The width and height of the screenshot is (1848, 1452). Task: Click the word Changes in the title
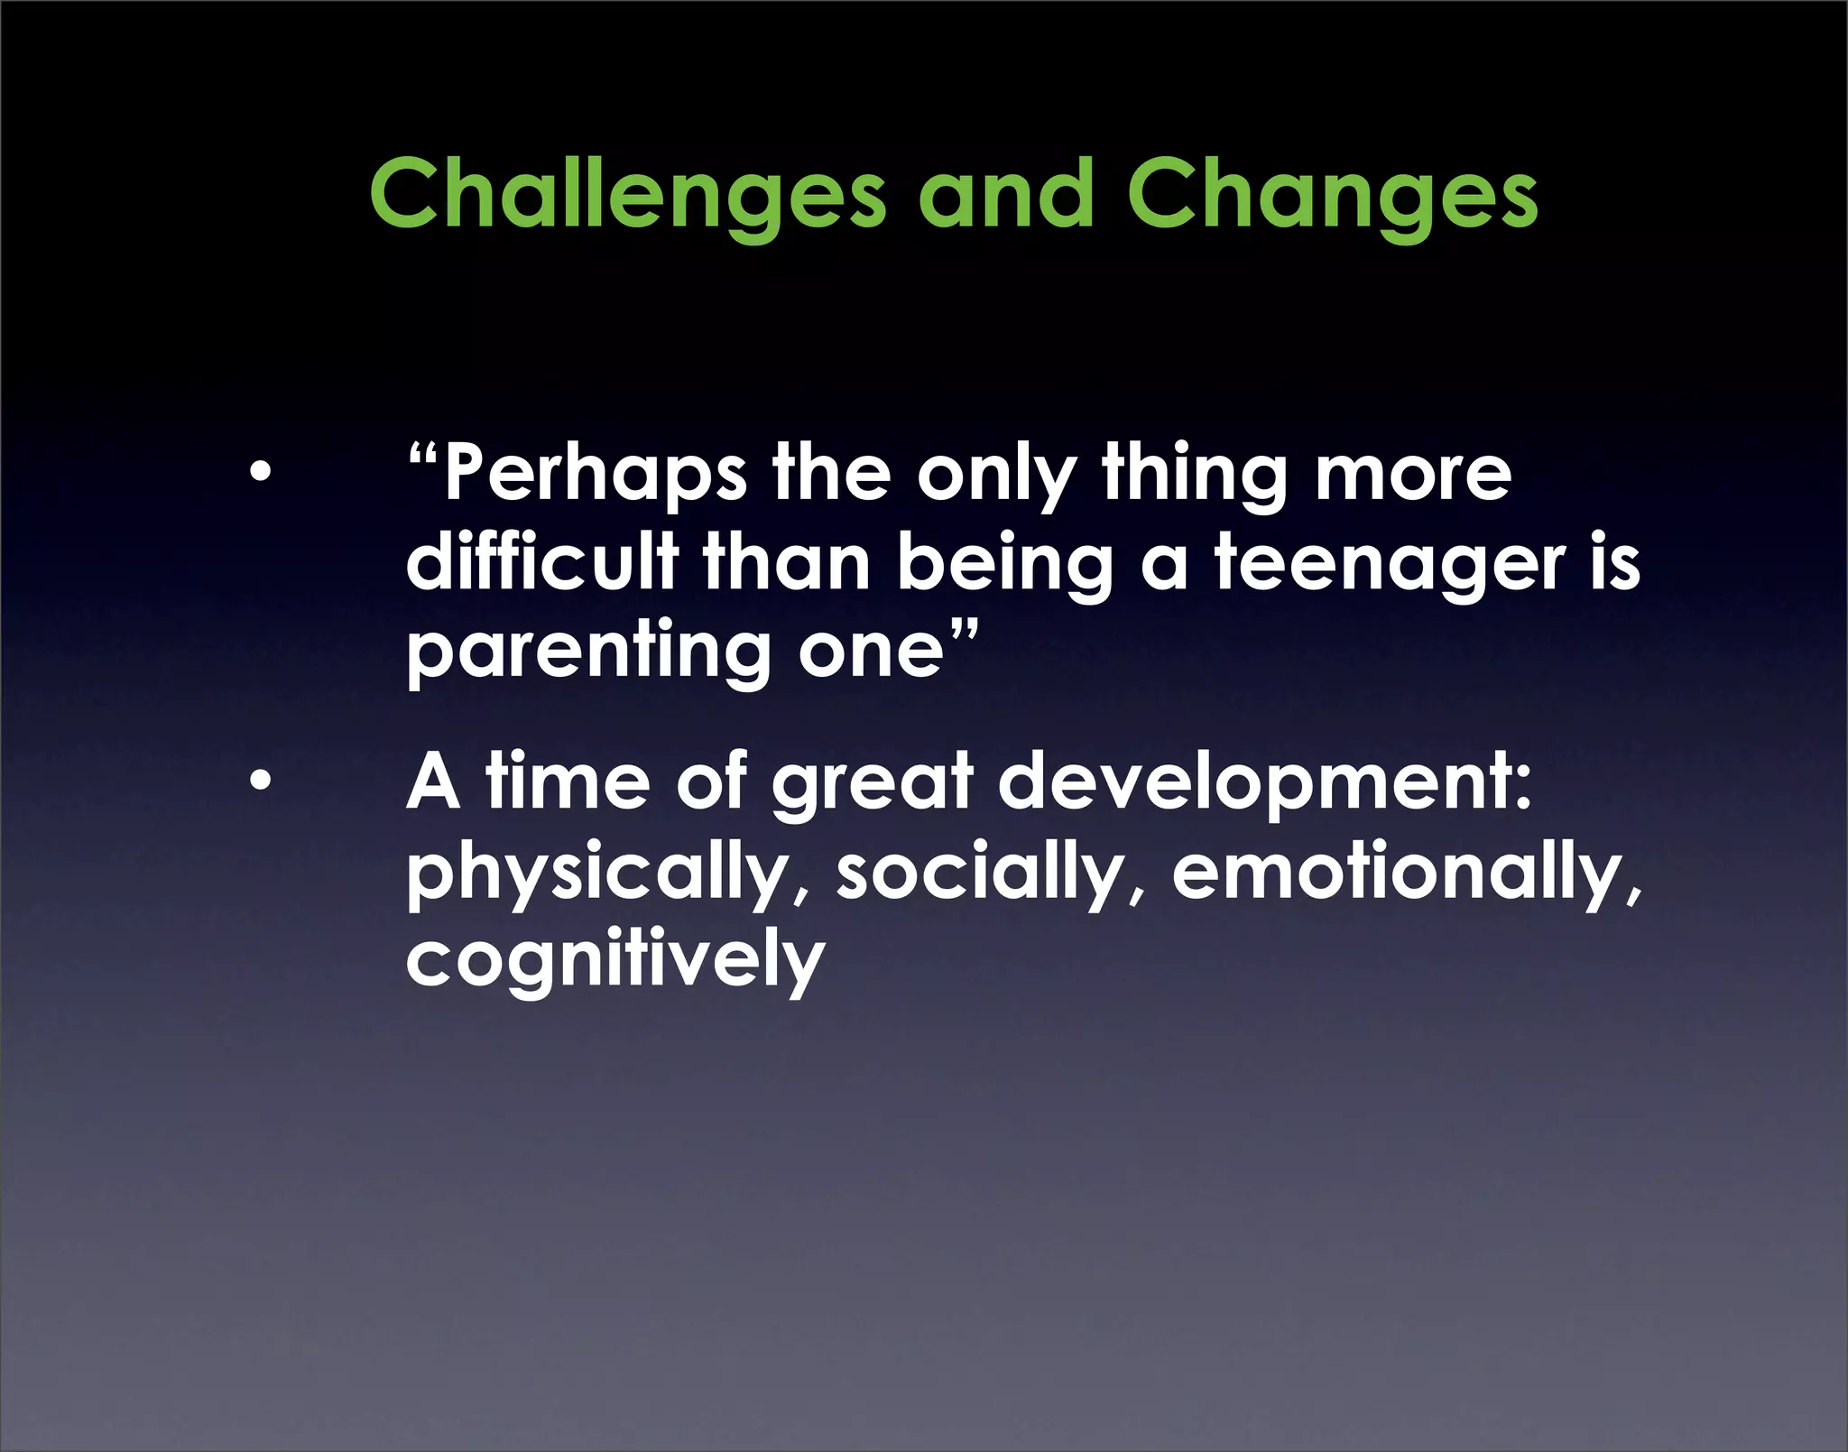pyautogui.click(x=1332, y=194)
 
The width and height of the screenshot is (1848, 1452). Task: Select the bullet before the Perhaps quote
pyautogui.click(x=260, y=472)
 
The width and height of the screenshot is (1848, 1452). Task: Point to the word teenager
pyautogui.click(x=1391, y=563)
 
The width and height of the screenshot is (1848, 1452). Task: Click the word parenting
pyautogui.click(x=587, y=652)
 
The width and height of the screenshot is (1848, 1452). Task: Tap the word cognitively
pyautogui.click(x=614, y=960)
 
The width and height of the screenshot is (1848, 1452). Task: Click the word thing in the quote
pyautogui.click(x=1195, y=476)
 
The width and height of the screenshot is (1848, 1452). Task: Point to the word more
pyautogui.click(x=1412, y=476)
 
